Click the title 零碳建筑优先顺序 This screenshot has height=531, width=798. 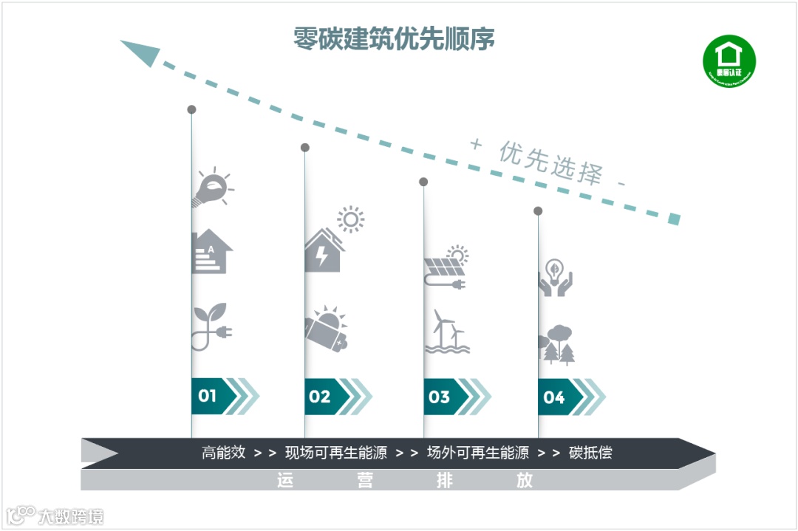coord(394,38)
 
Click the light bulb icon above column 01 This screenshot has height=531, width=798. coord(212,188)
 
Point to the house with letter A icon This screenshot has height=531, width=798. coord(211,253)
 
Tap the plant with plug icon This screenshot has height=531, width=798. coord(211,326)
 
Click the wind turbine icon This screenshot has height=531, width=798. coord(446,331)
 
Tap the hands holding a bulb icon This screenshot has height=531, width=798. coord(555,278)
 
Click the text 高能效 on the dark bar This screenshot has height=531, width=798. coord(223,453)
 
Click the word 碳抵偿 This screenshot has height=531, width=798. coord(590,453)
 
